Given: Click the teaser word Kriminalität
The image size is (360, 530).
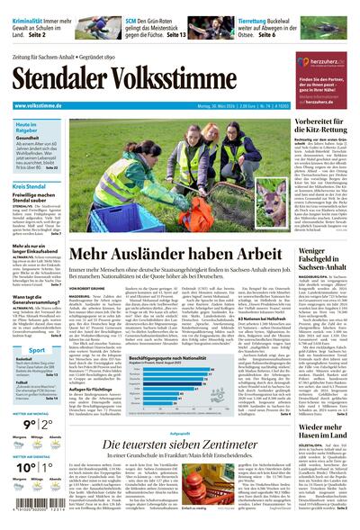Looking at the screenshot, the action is pyautogui.click(x=28, y=7).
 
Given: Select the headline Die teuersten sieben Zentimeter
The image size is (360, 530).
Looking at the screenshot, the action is pyautogui.click(x=181, y=445).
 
